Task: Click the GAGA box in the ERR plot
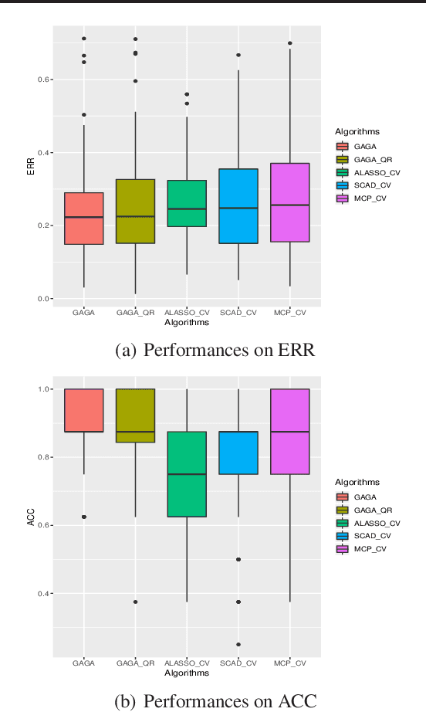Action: coord(84,219)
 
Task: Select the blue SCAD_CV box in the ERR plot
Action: coord(238,206)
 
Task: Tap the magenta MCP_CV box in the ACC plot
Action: coord(290,431)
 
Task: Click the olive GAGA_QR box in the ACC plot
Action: coord(135,415)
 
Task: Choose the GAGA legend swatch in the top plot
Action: coord(343,146)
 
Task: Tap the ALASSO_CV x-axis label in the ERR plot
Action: coord(187,313)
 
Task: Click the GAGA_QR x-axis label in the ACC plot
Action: coord(135,663)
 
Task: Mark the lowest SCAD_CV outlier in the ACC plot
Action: coord(238,644)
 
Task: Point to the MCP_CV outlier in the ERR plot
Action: coord(290,43)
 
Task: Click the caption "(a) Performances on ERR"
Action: coord(214,351)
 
